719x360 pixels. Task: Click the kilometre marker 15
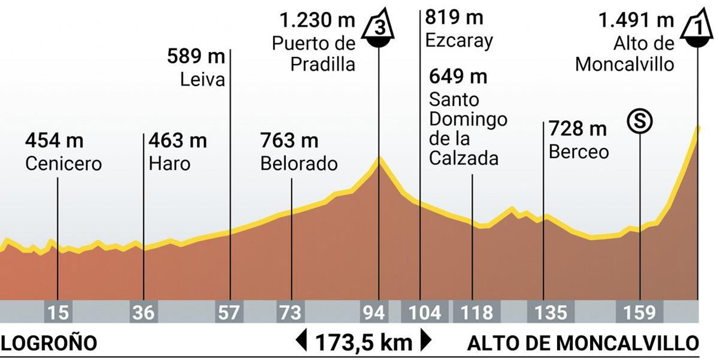(58, 312)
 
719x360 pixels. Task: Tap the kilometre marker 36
(143, 312)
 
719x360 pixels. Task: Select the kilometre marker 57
(229, 312)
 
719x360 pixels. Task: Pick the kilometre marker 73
(290, 312)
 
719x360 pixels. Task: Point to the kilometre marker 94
(374, 312)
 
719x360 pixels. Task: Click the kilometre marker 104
(424, 312)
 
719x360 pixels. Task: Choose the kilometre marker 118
(476, 312)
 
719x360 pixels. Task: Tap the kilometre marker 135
(550, 312)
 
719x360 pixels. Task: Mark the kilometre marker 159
(639, 312)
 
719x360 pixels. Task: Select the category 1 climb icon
(697, 28)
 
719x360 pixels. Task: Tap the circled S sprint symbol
(640, 121)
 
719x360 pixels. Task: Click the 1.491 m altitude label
(636, 20)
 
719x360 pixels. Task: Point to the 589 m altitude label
(195, 57)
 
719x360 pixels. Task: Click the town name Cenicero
(63, 164)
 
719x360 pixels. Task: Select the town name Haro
(169, 164)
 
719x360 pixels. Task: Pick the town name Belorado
(299, 164)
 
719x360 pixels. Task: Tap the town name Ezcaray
(459, 41)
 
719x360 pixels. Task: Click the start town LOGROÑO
(49, 343)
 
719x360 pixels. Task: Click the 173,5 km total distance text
(364, 342)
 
